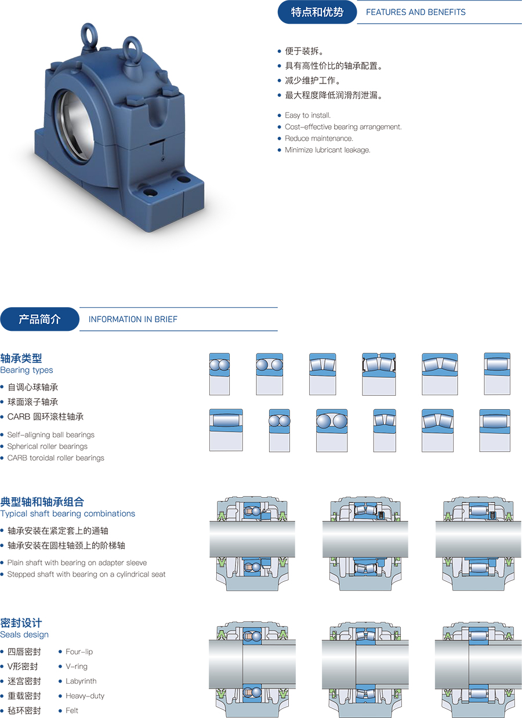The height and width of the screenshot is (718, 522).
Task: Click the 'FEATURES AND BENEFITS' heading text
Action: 415,12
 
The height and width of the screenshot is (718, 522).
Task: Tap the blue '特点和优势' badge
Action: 317,12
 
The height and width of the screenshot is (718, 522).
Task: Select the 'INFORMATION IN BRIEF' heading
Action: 133,319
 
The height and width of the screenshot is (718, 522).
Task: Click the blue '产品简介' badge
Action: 39,319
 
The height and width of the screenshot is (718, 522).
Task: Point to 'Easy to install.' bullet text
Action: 307,115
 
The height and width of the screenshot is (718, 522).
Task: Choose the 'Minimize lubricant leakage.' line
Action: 328,150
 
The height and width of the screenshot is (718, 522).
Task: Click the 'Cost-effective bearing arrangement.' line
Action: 343,126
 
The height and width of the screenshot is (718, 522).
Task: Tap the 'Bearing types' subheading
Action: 27,370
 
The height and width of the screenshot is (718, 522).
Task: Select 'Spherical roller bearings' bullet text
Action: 47,446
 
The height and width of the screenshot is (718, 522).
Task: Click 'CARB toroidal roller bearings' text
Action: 56,458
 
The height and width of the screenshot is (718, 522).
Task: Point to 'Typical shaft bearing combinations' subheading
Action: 68,513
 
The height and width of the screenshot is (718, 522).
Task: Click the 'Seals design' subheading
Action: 24,635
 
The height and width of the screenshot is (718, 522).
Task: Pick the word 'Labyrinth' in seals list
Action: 81,681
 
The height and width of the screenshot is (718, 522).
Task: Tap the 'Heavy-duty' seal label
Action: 85,695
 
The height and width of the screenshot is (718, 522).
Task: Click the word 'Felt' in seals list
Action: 72,710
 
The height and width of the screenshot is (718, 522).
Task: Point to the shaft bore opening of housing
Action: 74,125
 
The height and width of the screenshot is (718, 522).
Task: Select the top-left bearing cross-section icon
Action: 219,374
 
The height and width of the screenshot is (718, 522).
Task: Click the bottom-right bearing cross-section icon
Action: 495,431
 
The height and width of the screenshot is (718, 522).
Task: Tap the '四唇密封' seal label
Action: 24,652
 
